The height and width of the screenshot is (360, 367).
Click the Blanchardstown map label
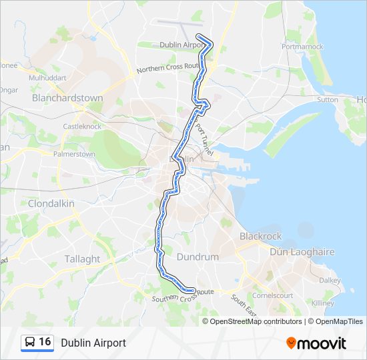[67, 98]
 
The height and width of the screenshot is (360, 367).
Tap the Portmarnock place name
[302, 47]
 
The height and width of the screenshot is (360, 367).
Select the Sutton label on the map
[328, 99]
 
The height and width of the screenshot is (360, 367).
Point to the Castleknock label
[81, 126]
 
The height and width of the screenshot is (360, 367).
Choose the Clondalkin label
[51, 203]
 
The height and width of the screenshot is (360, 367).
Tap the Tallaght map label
[82, 259]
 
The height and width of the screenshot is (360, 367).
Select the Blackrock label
[260, 237]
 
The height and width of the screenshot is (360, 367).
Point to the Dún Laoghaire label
[302, 252]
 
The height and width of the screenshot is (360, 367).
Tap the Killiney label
[322, 303]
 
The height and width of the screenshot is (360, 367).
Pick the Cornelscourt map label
[272, 295]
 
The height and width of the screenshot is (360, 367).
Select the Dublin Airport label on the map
[181, 45]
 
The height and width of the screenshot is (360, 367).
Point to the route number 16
[45, 342]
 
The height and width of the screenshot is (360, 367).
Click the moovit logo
[316, 343]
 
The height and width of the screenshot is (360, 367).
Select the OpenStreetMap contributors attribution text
[256, 321]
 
